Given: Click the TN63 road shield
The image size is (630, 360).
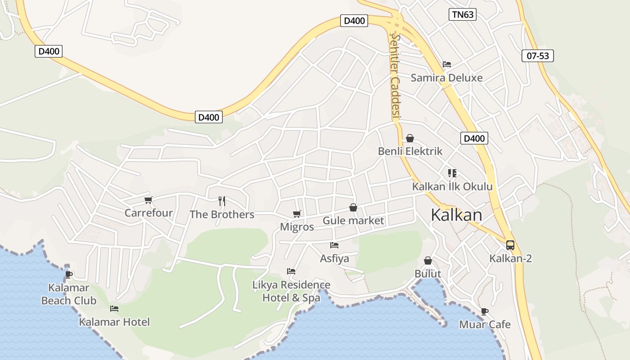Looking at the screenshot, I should pyautogui.click(x=462, y=14).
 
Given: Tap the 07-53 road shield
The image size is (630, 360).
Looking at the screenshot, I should pyautogui.click(x=537, y=56).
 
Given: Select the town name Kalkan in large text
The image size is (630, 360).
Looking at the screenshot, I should pyautogui.click(x=456, y=215).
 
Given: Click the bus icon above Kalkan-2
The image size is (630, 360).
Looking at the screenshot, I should pyautogui.click(x=510, y=245).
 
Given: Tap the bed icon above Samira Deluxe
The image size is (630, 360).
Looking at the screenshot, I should pyautogui.click(x=446, y=64).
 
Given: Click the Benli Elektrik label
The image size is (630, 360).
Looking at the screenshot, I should pyautogui.click(x=410, y=151).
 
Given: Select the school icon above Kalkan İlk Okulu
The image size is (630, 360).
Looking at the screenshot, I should pyautogui.click(x=452, y=173).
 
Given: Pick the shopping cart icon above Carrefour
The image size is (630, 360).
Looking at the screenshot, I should pyautogui.click(x=148, y=200).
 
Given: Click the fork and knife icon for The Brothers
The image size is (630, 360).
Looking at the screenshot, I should pyautogui.click(x=221, y=201).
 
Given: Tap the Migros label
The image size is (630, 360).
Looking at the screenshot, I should pyautogui.click(x=297, y=227).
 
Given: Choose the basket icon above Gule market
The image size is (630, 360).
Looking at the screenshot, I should pyautogui.click(x=353, y=207).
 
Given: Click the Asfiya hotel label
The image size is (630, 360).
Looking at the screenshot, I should pyautogui.click(x=334, y=259).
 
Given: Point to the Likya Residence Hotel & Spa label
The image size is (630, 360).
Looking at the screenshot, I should pyautogui.click(x=291, y=291).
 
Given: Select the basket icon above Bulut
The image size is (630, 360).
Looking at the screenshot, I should pyautogui.click(x=427, y=261).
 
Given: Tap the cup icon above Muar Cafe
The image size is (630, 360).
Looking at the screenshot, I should pyautogui.click(x=484, y=311).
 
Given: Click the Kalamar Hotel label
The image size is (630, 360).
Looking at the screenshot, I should pyautogui.click(x=114, y=322).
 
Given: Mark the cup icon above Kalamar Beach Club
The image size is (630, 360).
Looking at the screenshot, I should pyautogui.click(x=68, y=274).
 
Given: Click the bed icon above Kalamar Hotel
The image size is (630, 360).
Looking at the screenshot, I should pyautogui.click(x=114, y=309).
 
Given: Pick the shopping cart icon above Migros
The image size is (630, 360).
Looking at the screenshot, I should pyautogui.click(x=297, y=214).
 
